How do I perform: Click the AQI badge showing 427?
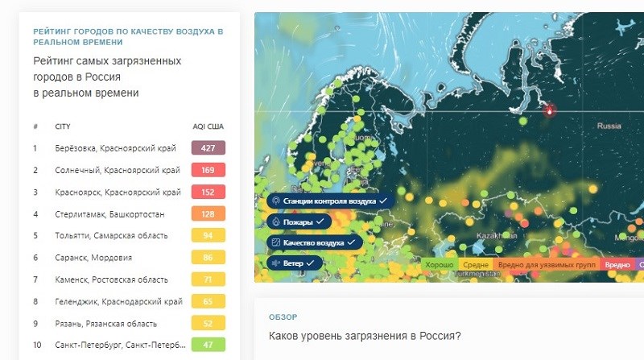208,148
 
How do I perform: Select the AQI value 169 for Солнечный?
208,170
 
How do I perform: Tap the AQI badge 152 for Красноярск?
208,192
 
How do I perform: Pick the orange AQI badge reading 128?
208,213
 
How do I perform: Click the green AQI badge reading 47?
208,344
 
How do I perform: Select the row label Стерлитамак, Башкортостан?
109,213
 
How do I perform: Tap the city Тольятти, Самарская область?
111,235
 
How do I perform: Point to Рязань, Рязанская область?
105,322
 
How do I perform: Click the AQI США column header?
208,127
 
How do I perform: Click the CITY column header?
63,127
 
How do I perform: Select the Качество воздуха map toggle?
315,242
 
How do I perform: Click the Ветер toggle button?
295,263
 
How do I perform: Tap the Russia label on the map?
609,126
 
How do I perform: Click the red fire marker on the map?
551,111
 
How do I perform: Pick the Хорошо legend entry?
440,264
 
